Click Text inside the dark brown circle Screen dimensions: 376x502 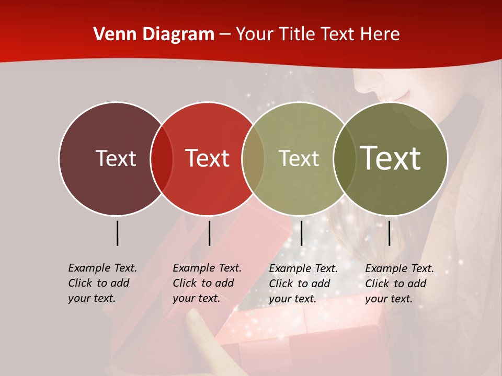tap(116, 158)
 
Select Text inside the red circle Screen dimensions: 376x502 tap(208, 158)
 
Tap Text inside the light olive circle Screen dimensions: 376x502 tap(299, 158)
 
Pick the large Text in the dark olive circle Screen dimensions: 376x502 tap(391, 158)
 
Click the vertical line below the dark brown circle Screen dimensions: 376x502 tap(117, 233)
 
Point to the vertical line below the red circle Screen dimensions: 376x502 tap(209, 233)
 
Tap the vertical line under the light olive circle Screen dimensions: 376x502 tap(301, 233)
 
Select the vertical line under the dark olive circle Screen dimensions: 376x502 tap(389, 233)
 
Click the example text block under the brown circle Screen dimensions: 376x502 tap(102, 283)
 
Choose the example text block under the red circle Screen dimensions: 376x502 tap(207, 283)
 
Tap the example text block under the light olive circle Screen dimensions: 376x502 tap(303, 284)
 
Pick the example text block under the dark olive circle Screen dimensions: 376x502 tap(400, 284)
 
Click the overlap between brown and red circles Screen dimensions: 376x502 tap(162, 159)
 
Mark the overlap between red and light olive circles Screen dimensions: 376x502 tap(253, 159)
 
